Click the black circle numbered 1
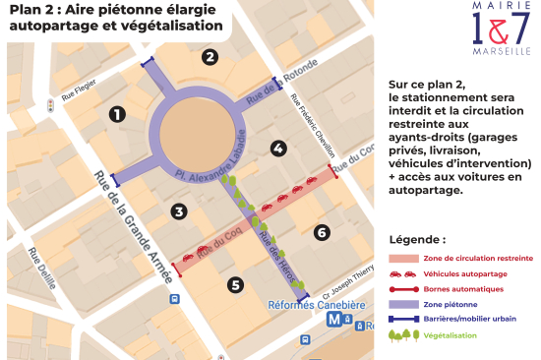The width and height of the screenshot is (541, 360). [117, 114]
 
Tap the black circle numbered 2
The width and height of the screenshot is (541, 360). [210, 57]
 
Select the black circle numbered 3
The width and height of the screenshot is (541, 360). [178, 210]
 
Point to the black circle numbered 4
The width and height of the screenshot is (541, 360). [279, 149]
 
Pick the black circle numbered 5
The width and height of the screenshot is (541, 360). [234, 285]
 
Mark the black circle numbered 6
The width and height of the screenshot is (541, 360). [321, 232]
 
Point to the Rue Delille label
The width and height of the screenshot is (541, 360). [42, 268]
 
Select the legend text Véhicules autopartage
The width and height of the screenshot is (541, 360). [461, 273]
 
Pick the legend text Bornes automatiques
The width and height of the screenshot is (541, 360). [463, 289]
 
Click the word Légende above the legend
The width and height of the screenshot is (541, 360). [417, 239]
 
